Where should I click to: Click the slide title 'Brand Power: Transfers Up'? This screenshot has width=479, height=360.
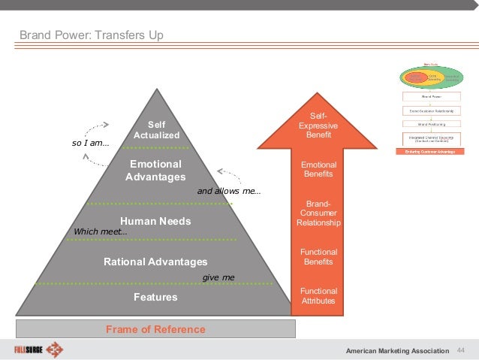pyautogui.click(x=91, y=35)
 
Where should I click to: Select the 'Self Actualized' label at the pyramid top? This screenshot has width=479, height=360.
pyautogui.click(x=156, y=130)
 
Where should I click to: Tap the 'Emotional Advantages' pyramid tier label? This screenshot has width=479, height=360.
pyautogui.click(x=155, y=171)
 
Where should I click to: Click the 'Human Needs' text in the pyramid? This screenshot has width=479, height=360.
pyautogui.click(x=155, y=222)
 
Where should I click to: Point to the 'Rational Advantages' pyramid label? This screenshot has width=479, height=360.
pyautogui.click(x=155, y=262)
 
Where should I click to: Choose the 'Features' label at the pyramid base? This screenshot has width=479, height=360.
pyautogui.click(x=155, y=297)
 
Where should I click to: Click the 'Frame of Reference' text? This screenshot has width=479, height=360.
pyautogui.click(x=155, y=329)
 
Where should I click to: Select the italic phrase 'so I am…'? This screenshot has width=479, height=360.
pyautogui.click(x=90, y=142)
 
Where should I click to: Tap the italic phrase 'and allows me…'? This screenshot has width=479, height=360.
pyautogui.click(x=229, y=191)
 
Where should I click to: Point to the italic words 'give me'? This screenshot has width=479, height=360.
pyautogui.click(x=218, y=277)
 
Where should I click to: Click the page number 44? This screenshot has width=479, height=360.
pyautogui.click(x=461, y=350)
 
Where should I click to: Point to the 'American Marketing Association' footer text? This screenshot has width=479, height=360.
pyautogui.click(x=398, y=351)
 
